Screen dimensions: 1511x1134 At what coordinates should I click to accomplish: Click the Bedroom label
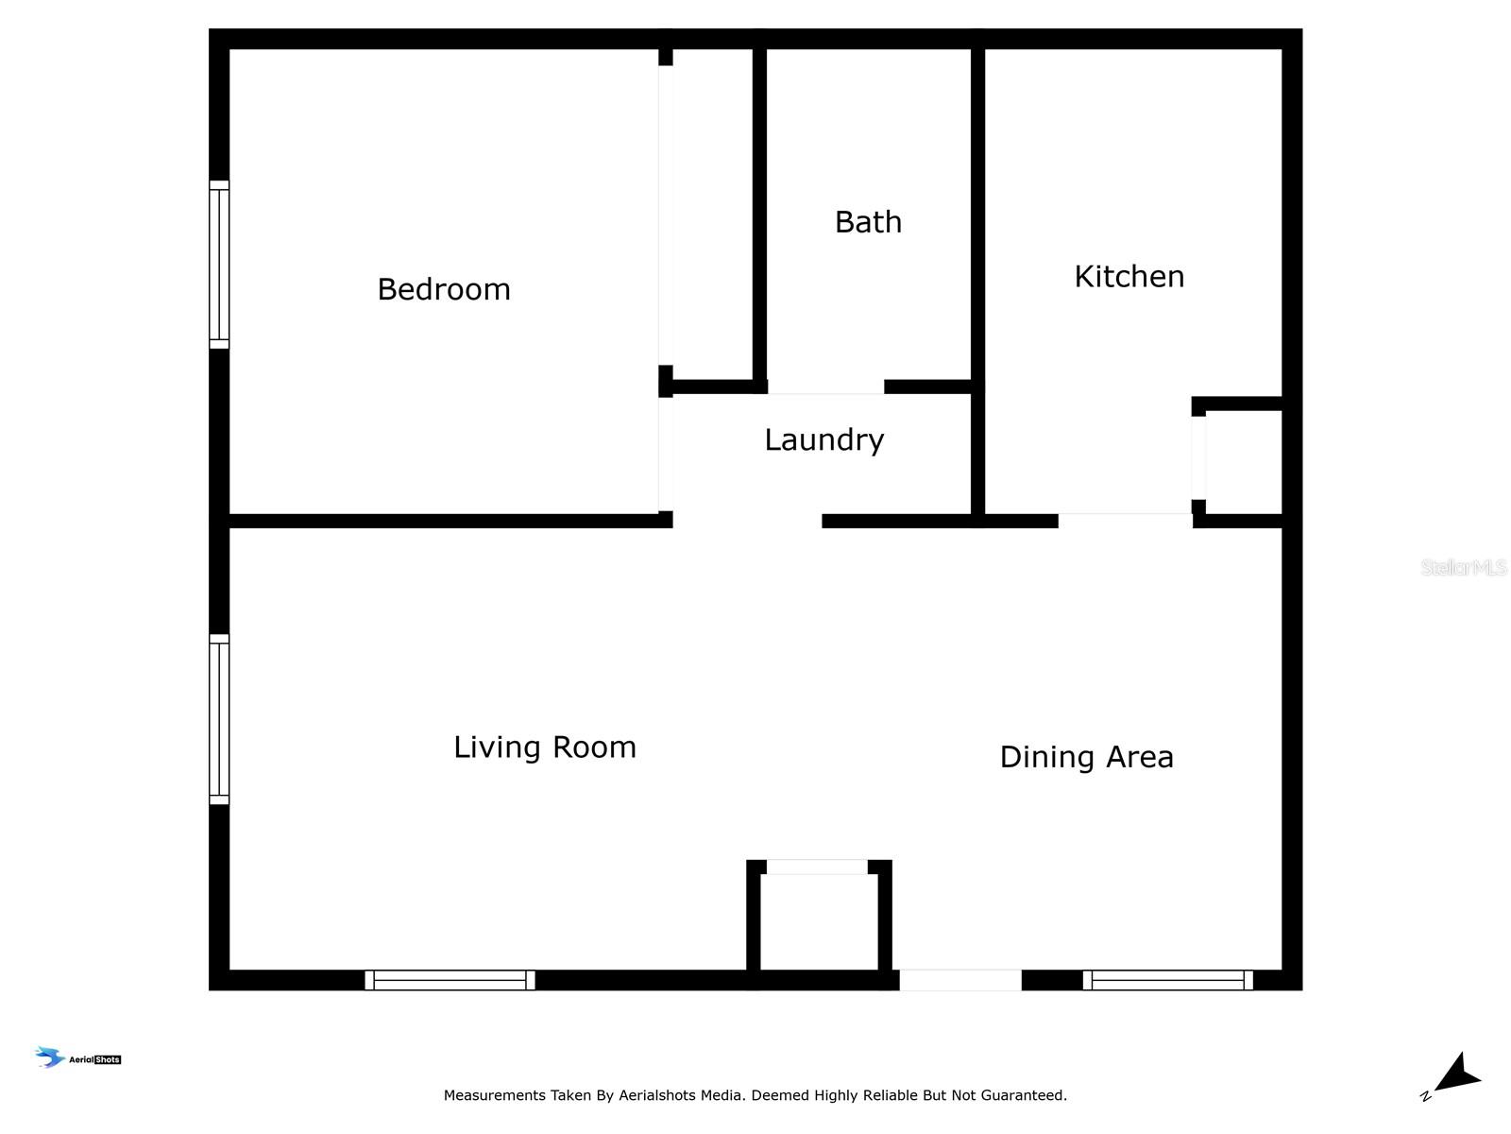(444, 290)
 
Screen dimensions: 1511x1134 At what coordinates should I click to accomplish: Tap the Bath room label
(868, 222)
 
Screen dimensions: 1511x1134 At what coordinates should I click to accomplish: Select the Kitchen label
(1129, 277)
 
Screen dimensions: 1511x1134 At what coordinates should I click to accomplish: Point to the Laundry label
(824, 440)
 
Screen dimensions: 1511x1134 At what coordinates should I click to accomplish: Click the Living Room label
(545, 748)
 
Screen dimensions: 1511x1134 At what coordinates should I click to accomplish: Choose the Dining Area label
(1086, 758)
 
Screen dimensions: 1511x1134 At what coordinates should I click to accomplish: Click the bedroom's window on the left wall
(219, 265)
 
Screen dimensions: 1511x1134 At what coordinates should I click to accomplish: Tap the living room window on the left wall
(219, 719)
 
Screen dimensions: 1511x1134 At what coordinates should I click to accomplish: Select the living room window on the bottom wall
(450, 980)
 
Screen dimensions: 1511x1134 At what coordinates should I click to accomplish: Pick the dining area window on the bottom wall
(1167, 980)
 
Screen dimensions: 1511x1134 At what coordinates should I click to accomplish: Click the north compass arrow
(1459, 1074)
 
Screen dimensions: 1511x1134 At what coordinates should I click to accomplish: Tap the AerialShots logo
(77, 1057)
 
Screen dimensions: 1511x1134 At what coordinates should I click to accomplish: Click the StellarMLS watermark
(1464, 567)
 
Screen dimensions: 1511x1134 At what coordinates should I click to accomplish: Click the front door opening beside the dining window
(960, 980)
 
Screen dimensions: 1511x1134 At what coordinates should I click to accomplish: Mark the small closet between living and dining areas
(819, 922)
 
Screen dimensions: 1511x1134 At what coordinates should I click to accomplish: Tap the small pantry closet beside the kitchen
(1243, 462)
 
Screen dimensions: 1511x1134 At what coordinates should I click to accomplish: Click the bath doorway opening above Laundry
(826, 387)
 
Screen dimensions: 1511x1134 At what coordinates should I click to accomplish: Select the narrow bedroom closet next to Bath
(712, 214)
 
